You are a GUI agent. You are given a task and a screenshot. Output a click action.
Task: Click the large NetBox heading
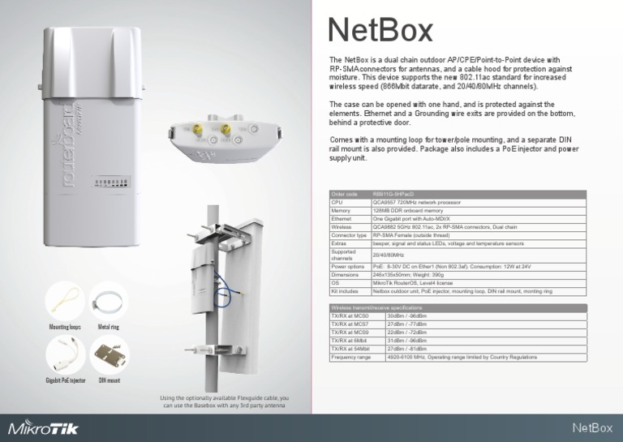(380, 32)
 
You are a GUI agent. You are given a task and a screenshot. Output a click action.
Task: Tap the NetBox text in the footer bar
(591, 428)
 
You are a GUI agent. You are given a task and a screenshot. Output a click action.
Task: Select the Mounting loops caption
(63, 327)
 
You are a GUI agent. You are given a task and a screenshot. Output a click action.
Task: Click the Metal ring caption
(109, 327)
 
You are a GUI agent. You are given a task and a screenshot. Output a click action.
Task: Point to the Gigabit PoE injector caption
(65, 380)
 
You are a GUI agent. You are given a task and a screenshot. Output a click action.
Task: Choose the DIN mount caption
(109, 380)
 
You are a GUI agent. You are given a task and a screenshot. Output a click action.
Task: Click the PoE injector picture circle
(65, 355)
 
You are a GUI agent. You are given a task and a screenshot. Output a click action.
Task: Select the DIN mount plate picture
(109, 355)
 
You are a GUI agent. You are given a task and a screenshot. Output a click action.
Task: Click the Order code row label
(344, 194)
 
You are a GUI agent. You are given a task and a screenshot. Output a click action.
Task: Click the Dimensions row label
(346, 274)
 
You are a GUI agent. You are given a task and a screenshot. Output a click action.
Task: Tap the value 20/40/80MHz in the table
(388, 254)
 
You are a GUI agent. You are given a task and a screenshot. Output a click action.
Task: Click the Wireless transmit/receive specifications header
(376, 308)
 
